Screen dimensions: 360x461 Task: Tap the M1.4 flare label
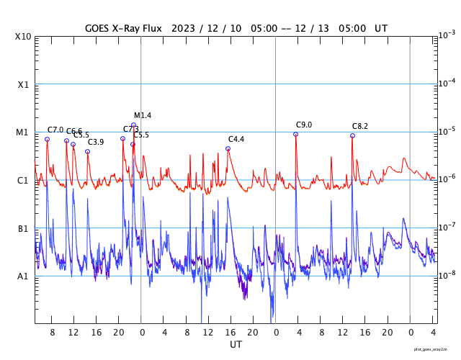[143, 116]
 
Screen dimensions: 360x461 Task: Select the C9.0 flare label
[304, 125]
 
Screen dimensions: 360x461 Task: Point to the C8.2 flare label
[360, 127]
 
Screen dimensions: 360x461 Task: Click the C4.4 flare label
[236, 140]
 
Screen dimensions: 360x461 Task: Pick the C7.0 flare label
[55, 130]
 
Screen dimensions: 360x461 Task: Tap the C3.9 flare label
[96, 143]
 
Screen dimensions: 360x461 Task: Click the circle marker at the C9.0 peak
[295, 135]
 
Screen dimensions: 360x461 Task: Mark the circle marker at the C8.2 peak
[352, 136]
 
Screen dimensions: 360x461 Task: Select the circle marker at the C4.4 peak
[228, 149]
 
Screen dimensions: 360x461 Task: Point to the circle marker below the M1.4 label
[133, 125]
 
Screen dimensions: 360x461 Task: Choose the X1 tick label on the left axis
[23, 85]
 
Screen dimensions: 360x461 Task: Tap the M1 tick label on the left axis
[23, 133]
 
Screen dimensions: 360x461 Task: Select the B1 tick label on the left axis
[23, 229]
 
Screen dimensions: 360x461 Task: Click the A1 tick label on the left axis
[23, 276]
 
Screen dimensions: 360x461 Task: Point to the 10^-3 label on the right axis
[447, 35]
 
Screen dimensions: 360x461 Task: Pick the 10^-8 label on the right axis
[447, 275]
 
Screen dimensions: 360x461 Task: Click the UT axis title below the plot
[236, 345]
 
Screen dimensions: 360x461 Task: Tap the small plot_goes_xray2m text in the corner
[436, 348]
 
